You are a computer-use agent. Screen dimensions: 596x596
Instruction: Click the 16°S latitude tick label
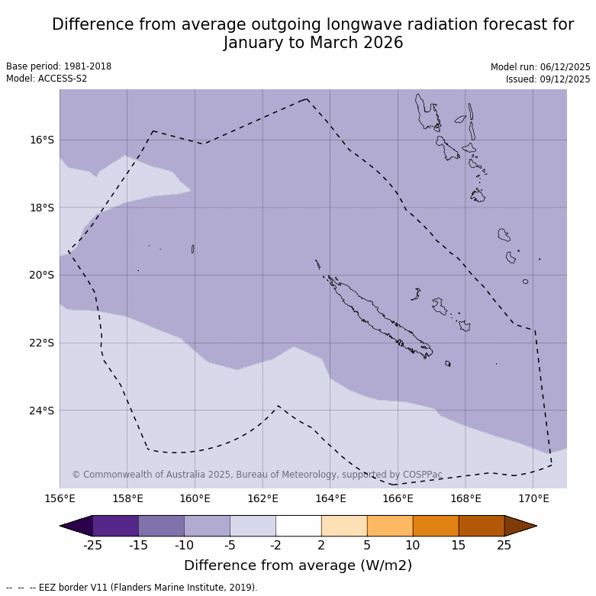coord(42,140)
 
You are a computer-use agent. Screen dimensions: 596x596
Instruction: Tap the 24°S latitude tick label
coord(42,411)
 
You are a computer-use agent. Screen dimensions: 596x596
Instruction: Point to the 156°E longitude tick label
coord(60,499)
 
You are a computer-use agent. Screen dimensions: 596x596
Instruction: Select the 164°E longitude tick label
coord(330,499)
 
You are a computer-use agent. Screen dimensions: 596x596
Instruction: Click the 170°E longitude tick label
coord(533,499)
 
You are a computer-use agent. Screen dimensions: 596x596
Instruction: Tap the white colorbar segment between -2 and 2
coord(298,526)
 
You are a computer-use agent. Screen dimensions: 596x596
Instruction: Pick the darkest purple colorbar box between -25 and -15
coord(115,526)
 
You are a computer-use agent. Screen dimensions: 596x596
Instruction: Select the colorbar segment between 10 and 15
coord(436,526)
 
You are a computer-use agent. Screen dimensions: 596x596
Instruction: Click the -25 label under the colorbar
coord(93,545)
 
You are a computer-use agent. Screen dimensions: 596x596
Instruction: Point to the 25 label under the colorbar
coord(504,545)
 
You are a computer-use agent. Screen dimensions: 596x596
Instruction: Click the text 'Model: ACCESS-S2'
coord(47,79)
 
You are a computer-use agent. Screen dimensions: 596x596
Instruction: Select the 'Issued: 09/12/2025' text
coord(548,79)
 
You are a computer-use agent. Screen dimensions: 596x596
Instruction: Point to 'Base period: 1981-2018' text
coord(59,66)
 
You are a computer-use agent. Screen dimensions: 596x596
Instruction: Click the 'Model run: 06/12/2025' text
coord(540,67)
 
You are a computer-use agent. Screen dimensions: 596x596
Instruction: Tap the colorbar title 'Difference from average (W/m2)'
coord(298,565)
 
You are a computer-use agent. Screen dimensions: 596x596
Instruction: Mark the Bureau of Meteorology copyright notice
coord(257,475)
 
